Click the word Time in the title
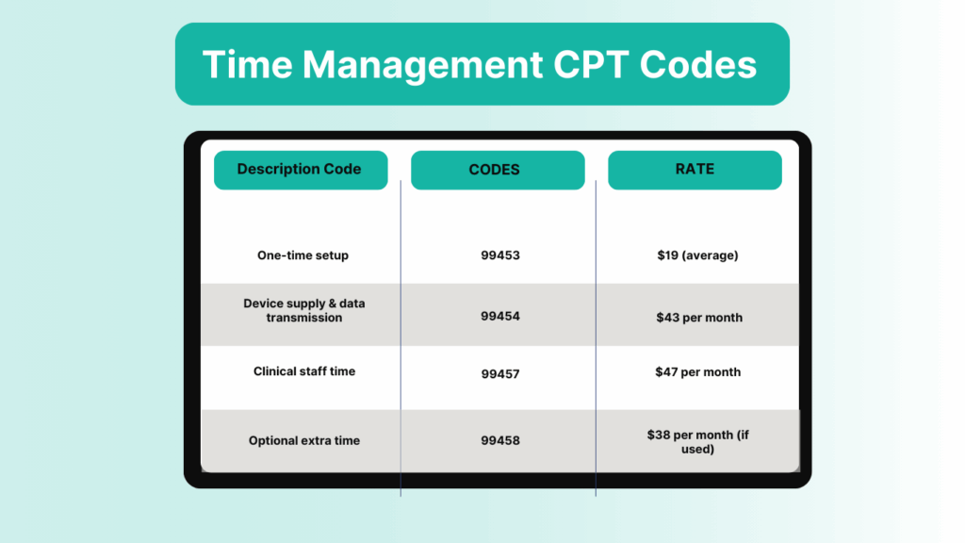pyautogui.click(x=248, y=65)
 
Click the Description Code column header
pyautogui.click(x=300, y=170)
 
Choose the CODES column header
pyautogui.click(x=494, y=171)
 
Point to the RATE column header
pyautogui.click(x=695, y=170)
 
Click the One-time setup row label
pyautogui.click(x=303, y=255)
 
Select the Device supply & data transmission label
pyautogui.click(x=303, y=311)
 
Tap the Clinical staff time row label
pyautogui.click(x=304, y=371)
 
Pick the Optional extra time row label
pyautogui.click(x=304, y=440)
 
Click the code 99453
pyautogui.click(x=499, y=255)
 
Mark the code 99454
pyautogui.click(x=499, y=317)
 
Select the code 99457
pyautogui.click(x=499, y=374)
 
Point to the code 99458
pyautogui.click(x=499, y=440)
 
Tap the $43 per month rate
pyautogui.click(x=699, y=318)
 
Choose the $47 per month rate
pyautogui.click(x=698, y=372)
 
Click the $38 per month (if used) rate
pyautogui.click(x=697, y=442)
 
